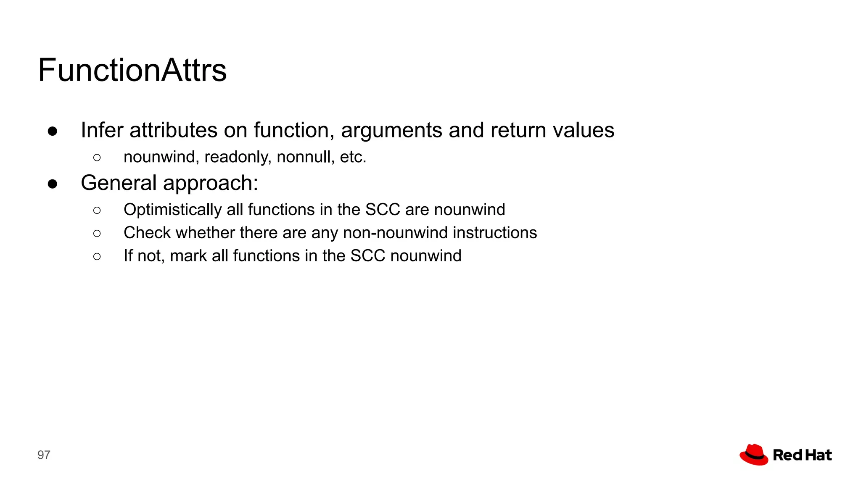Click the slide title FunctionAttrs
pos(132,70)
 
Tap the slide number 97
pos(44,455)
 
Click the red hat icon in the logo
pos(754,455)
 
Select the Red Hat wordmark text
pos(802,455)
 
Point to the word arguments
pos(391,130)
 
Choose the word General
pos(119,183)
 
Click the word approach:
pos(210,183)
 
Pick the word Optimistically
pos(172,210)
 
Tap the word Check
pos(147,233)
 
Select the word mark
pos(188,256)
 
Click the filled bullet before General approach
pos(53,184)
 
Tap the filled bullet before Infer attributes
pos(53,132)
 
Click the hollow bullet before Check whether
pos(97,234)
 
